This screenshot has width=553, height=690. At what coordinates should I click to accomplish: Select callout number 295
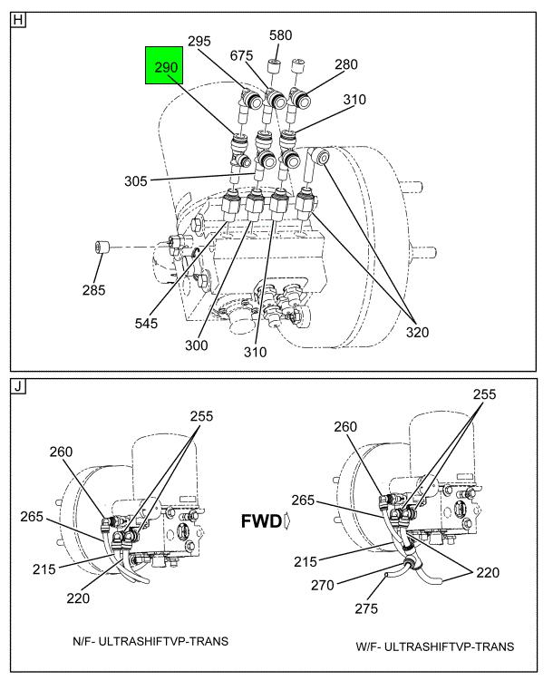199,41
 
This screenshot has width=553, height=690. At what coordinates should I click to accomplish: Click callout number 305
136,180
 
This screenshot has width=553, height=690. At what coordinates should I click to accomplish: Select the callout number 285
94,290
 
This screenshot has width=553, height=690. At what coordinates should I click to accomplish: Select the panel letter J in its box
18,387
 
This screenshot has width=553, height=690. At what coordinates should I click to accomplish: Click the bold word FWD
262,522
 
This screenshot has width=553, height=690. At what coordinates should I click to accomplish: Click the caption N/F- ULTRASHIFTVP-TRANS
150,641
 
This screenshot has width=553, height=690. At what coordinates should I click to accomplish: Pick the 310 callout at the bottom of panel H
255,351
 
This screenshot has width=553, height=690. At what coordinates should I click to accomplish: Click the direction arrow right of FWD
287,522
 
